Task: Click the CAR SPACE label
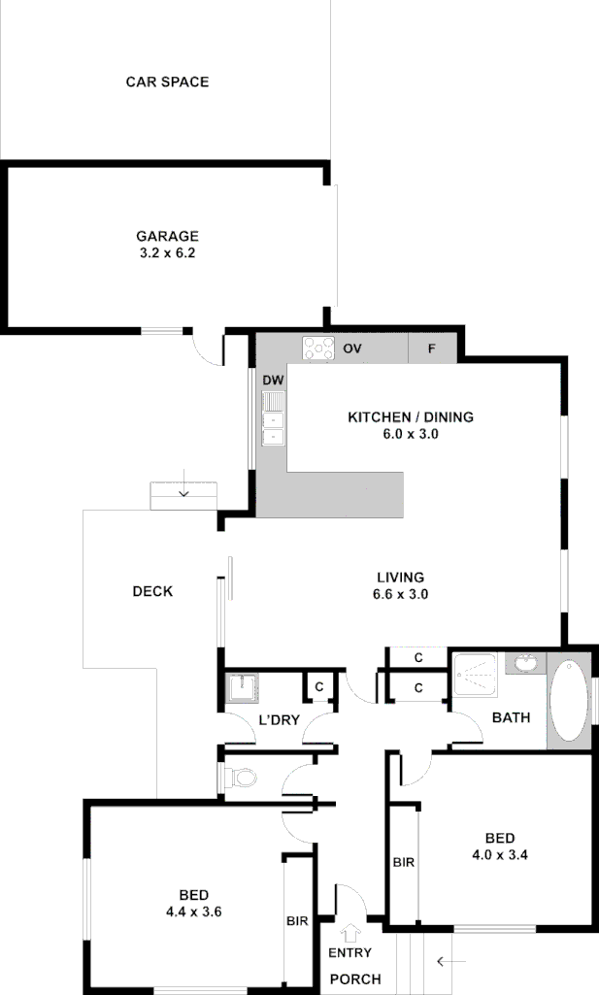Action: (x=167, y=83)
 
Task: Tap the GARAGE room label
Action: (x=167, y=236)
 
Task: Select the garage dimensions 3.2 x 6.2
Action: (x=167, y=252)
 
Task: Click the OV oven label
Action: (x=352, y=348)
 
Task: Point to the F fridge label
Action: (x=432, y=348)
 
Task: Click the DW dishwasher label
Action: (x=273, y=380)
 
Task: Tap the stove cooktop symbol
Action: (x=317, y=348)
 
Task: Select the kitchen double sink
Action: (x=273, y=418)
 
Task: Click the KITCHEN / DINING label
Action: (x=411, y=417)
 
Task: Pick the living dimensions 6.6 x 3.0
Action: (x=401, y=594)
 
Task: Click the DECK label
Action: (x=152, y=591)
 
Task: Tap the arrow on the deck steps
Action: (x=183, y=493)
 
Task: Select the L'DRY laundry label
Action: (x=279, y=719)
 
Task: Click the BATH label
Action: (x=511, y=718)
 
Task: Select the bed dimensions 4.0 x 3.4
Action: (x=499, y=855)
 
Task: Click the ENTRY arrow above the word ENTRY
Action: (x=350, y=934)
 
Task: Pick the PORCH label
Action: (x=355, y=978)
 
